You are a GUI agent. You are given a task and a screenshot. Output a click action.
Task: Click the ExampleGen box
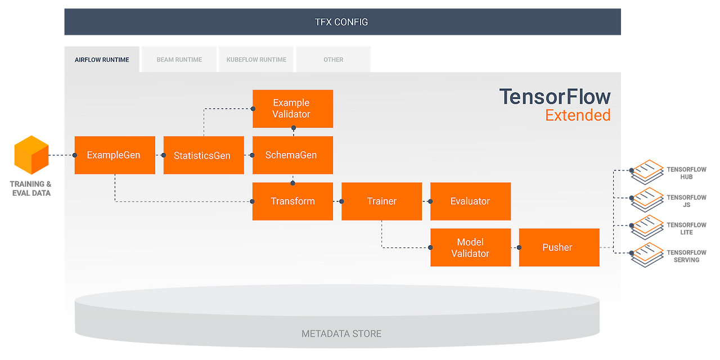coord(114,155)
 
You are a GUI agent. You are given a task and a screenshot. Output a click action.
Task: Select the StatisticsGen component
coord(203,155)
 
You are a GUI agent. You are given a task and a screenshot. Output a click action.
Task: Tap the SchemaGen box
coord(292,155)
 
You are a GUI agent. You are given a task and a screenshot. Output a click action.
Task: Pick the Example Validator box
coord(292,109)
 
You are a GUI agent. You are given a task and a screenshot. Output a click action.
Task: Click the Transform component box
coord(292,201)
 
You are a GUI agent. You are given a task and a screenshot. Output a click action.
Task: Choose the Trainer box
coord(381,201)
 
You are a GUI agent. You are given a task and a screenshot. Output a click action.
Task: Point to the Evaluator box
coord(470,201)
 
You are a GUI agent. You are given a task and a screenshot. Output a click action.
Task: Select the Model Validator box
coord(470,247)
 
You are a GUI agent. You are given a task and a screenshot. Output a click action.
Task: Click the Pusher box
coord(559,247)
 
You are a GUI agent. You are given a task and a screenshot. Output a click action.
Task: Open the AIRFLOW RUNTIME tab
coord(102,60)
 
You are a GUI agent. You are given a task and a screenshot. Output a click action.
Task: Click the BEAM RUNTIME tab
coord(179,60)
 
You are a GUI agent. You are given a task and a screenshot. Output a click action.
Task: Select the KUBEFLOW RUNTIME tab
coord(256,60)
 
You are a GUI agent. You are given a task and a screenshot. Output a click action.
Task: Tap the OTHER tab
coord(333,60)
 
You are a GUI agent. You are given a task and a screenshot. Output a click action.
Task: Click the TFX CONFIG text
coord(341,22)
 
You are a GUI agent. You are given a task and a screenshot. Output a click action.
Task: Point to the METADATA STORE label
coord(341,334)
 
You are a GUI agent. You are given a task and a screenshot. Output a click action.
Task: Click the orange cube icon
coord(31,154)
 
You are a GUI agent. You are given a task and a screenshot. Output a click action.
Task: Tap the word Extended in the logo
coord(578,115)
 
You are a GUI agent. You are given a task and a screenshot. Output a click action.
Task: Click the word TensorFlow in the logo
coord(555,97)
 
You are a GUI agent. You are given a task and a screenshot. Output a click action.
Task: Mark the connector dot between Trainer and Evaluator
coord(430,201)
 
